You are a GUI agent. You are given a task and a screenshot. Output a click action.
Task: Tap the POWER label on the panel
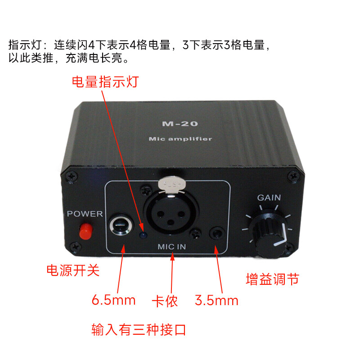[85, 214]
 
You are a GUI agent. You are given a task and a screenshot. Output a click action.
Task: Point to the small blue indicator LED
[143, 234]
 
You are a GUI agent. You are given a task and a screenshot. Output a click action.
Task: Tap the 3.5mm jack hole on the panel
[217, 233]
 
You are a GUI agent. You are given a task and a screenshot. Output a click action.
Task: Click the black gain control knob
[268, 236]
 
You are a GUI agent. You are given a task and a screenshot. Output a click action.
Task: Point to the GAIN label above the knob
[269, 198]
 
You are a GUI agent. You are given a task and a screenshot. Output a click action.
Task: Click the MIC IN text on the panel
[172, 247]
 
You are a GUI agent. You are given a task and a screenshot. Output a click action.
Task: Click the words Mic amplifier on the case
[180, 139]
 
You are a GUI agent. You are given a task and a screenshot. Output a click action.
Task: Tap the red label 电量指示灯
[106, 82]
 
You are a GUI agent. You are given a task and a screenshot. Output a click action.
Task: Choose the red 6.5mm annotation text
[113, 300]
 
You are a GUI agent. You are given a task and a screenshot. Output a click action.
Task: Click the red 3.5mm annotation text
[216, 300]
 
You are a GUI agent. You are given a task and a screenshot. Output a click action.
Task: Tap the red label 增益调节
[272, 279]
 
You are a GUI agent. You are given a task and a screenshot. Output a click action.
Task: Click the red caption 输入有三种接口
[139, 330]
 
